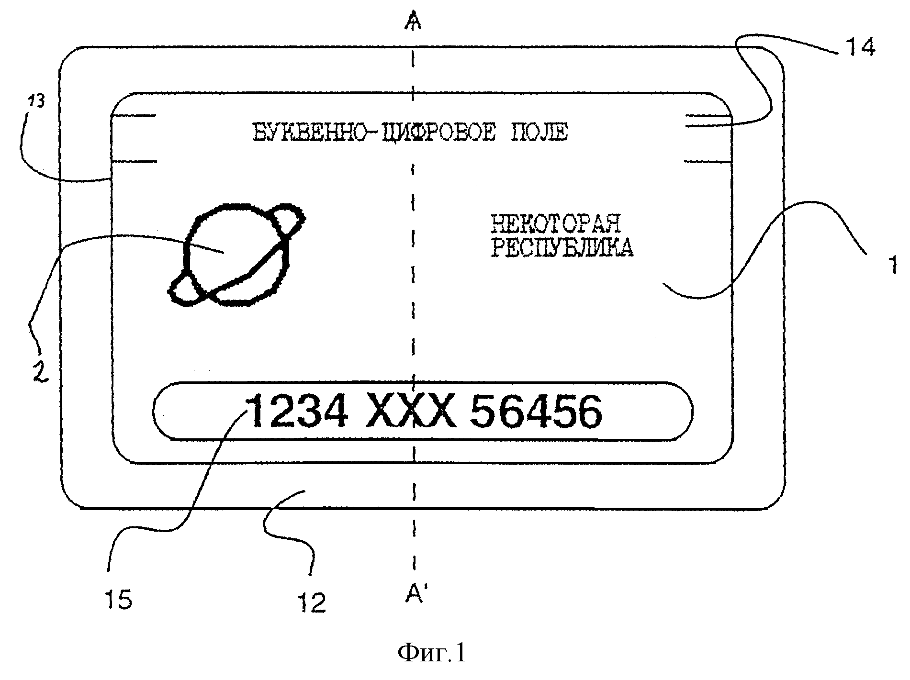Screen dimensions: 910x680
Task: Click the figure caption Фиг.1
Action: point(432,653)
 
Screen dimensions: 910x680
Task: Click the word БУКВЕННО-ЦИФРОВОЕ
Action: point(373,132)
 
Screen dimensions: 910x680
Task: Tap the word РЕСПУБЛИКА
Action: point(562,248)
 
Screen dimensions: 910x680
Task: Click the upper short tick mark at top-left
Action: point(134,115)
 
